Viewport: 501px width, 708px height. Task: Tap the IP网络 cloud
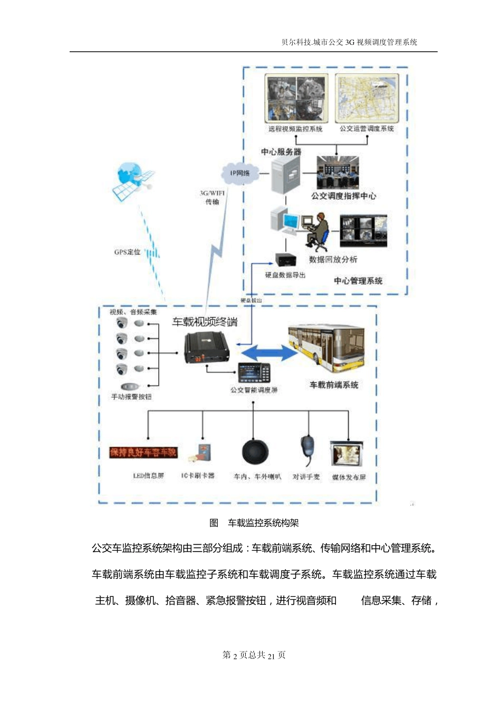(240, 173)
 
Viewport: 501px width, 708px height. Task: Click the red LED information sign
(143, 453)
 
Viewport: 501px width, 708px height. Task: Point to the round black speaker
(255, 453)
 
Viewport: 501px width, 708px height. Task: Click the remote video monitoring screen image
(296, 99)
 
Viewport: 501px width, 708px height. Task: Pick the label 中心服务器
(281, 152)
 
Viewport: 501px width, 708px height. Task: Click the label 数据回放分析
(333, 259)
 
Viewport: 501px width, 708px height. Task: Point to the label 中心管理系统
(358, 281)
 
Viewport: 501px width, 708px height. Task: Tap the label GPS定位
(127, 252)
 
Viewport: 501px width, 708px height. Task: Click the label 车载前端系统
(334, 385)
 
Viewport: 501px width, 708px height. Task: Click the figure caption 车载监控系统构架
(263, 523)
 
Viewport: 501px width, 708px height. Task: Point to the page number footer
(254, 655)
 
